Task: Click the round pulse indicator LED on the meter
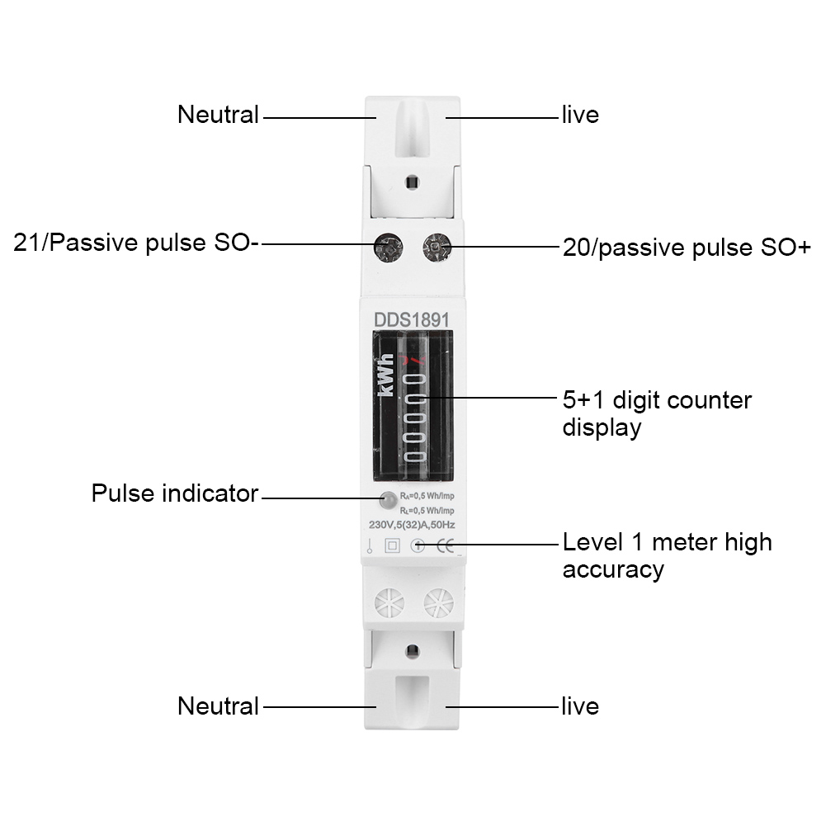tap(386, 500)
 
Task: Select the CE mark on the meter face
tap(444, 545)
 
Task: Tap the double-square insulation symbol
tap(393, 545)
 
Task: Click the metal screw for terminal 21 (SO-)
tap(386, 245)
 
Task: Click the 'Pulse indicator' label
tap(175, 494)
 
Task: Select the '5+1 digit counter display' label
tap(657, 413)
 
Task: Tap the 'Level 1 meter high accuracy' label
tap(667, 555)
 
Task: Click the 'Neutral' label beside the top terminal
tap(218, 115)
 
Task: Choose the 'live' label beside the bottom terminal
tap(580, 706)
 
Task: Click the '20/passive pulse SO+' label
tap(687, 247)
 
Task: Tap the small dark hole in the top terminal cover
tap(411, 181)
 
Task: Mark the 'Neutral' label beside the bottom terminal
tap(218, 706)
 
